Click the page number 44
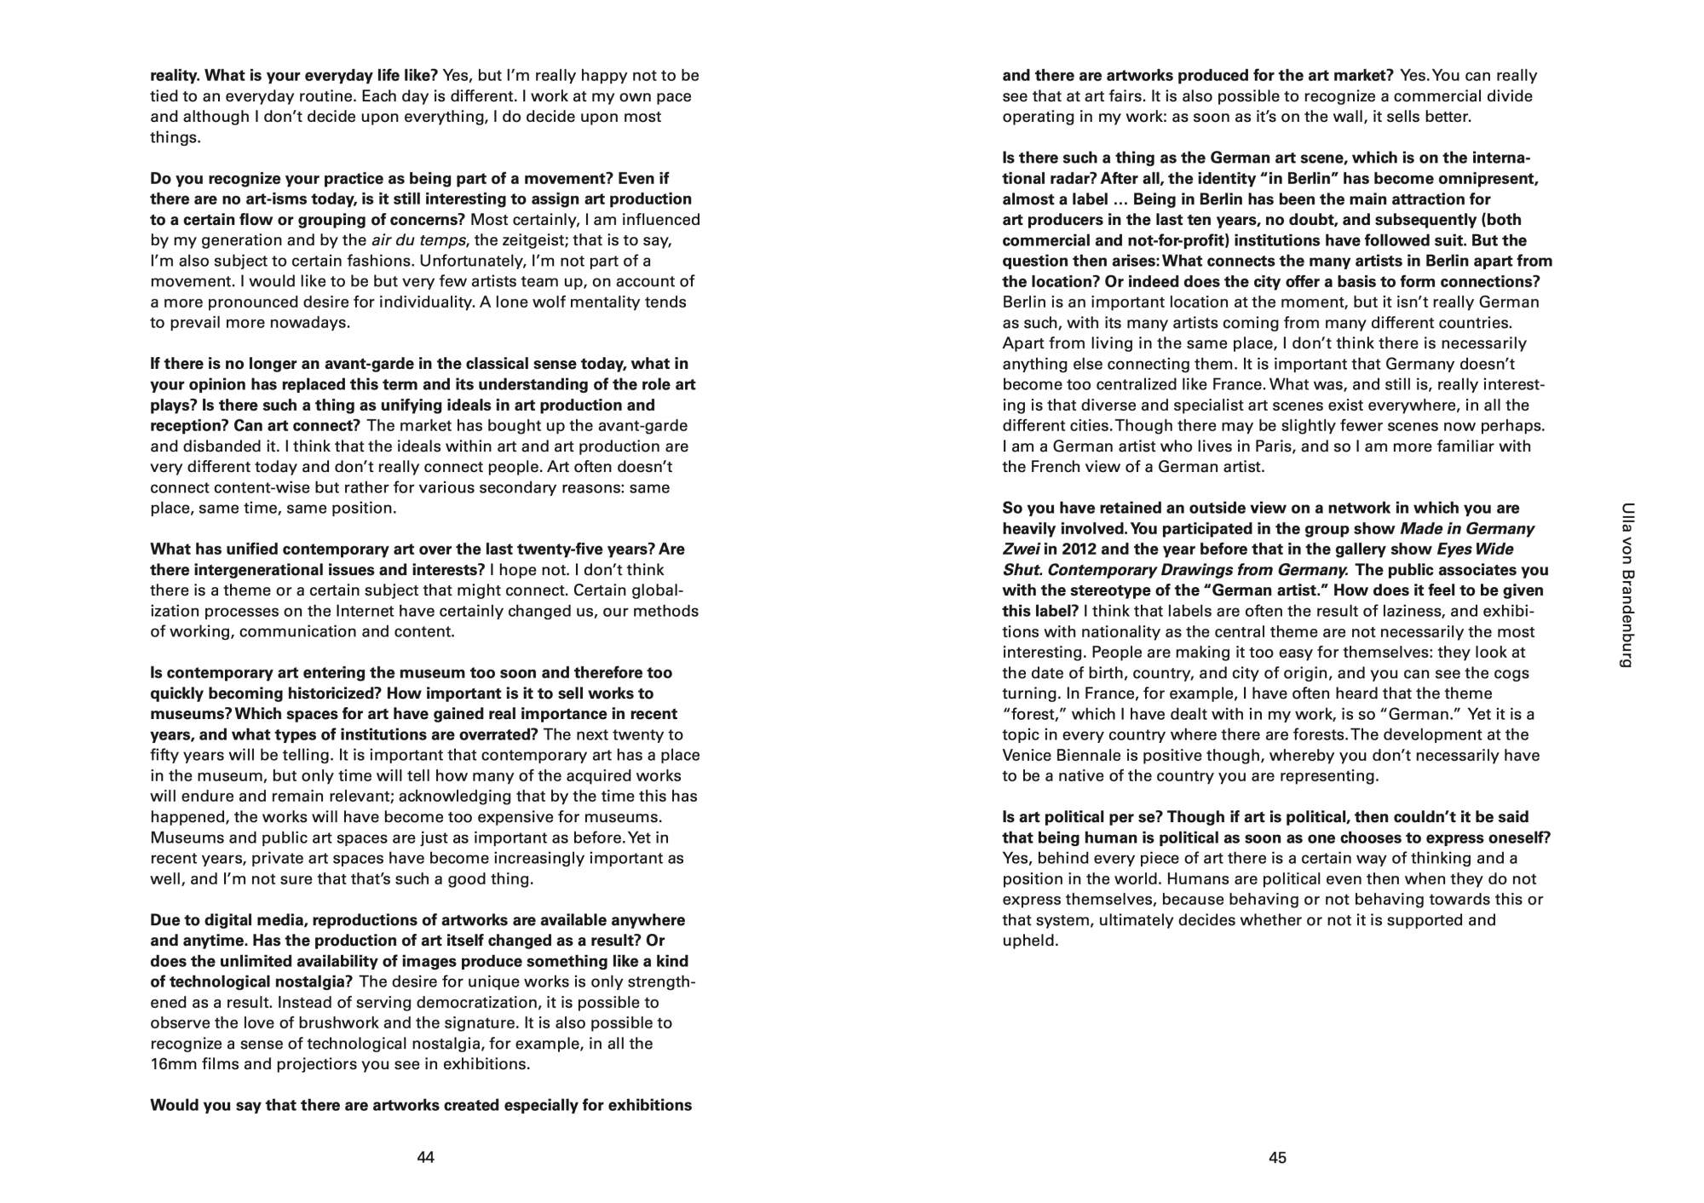425,1157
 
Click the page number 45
1277,1157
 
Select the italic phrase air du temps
418,240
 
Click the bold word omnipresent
1488,178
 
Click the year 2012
1081,549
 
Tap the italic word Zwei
1021,549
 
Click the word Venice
1027,755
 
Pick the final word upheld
1029,941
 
